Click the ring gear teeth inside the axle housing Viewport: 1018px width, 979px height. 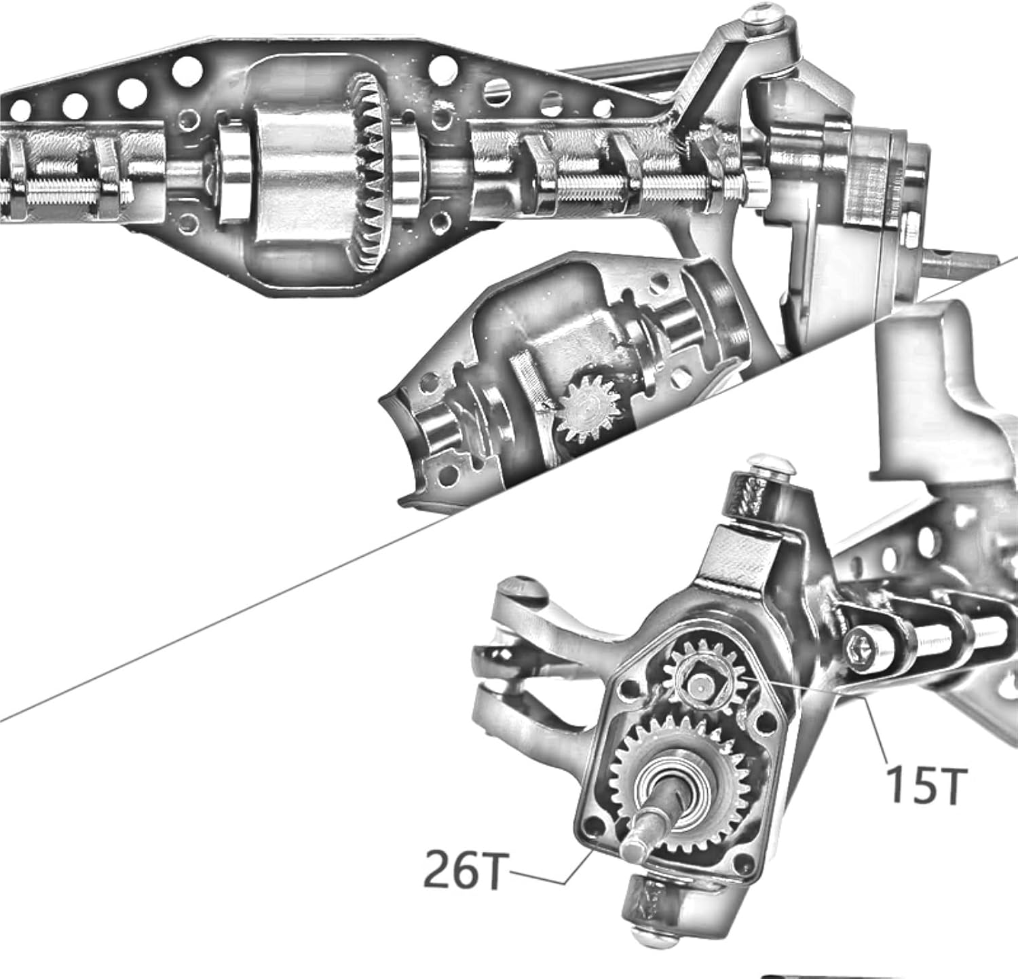pyautogui.click(x=370, y=177)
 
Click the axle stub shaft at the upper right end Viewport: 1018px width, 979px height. pyautogui.click(x=964, y=259)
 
